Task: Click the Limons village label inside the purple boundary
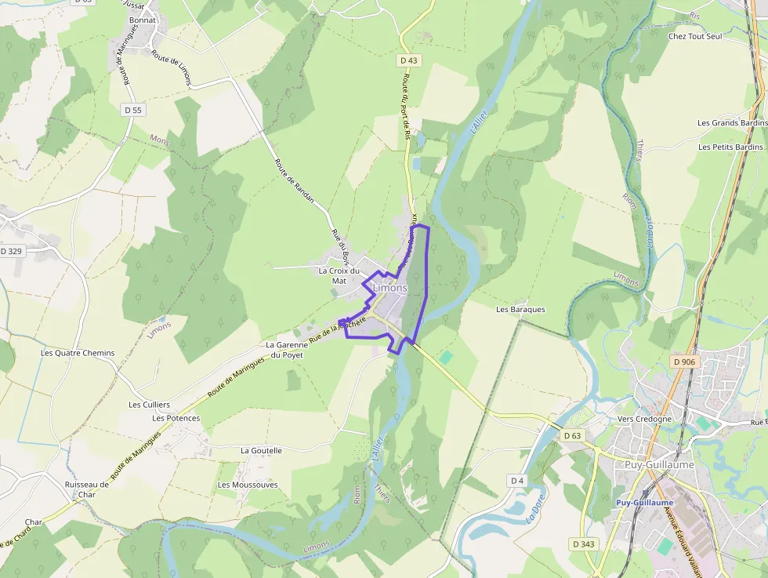coord(390,288)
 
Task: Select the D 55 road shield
coord(133,110)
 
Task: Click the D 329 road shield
coord(12,251)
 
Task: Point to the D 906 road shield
coord(683,362)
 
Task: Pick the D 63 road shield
coord(572,435)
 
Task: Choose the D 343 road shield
coord(583,543)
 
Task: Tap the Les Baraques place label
coord(520,309)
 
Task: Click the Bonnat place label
coord(143,20)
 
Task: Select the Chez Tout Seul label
coord(694,36)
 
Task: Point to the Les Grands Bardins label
coord(732,123)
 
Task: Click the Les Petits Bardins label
coord(730,147)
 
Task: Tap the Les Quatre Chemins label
coord(78,353)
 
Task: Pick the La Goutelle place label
coord(261,450)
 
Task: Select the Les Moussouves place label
coord(248,485)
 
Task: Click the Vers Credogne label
coord(645,419)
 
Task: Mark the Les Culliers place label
coord(149,405)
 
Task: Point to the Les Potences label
coord(176,418)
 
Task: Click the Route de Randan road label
coord(294,180)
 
